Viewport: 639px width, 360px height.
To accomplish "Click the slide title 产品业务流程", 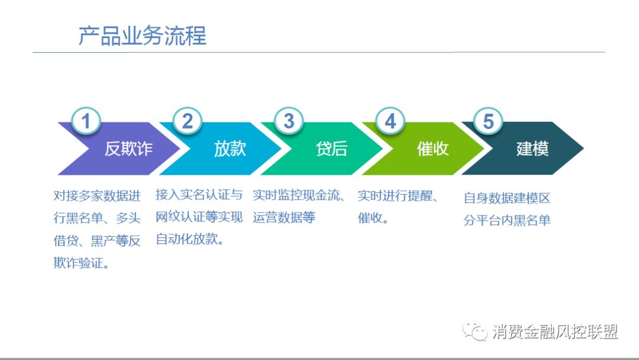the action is (143, 36).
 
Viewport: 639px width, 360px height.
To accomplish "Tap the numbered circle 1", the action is (86, 121).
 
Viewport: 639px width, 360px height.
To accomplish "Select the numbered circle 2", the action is (187, 121).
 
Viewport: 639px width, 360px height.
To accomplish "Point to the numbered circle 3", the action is (289, 121).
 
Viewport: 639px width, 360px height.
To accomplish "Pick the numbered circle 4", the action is (390, 121).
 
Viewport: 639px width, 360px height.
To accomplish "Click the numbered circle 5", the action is (488, 121).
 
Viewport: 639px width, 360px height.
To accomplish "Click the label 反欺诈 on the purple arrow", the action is (129, 149).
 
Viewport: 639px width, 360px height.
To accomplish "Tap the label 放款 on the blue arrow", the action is (230, 149).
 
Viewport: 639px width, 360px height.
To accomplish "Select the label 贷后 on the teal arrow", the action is (331, 149).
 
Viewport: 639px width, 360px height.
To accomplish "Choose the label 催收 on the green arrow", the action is (433, 149).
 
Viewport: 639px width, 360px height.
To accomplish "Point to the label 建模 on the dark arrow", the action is (532, 149).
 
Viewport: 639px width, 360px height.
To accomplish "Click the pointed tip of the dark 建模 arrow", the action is (583, 149).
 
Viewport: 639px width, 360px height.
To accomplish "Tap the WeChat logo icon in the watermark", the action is (475, 331).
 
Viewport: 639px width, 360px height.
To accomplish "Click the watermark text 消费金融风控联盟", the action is (554, 332).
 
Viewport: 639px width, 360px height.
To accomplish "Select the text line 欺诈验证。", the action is (82, 263).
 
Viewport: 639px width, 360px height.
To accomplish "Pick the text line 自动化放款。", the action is (190, 239).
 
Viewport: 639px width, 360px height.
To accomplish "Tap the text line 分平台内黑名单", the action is (507, 221).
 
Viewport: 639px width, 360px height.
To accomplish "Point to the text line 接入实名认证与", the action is (199, 195).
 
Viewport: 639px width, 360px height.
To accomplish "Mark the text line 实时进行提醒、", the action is (398, 196).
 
